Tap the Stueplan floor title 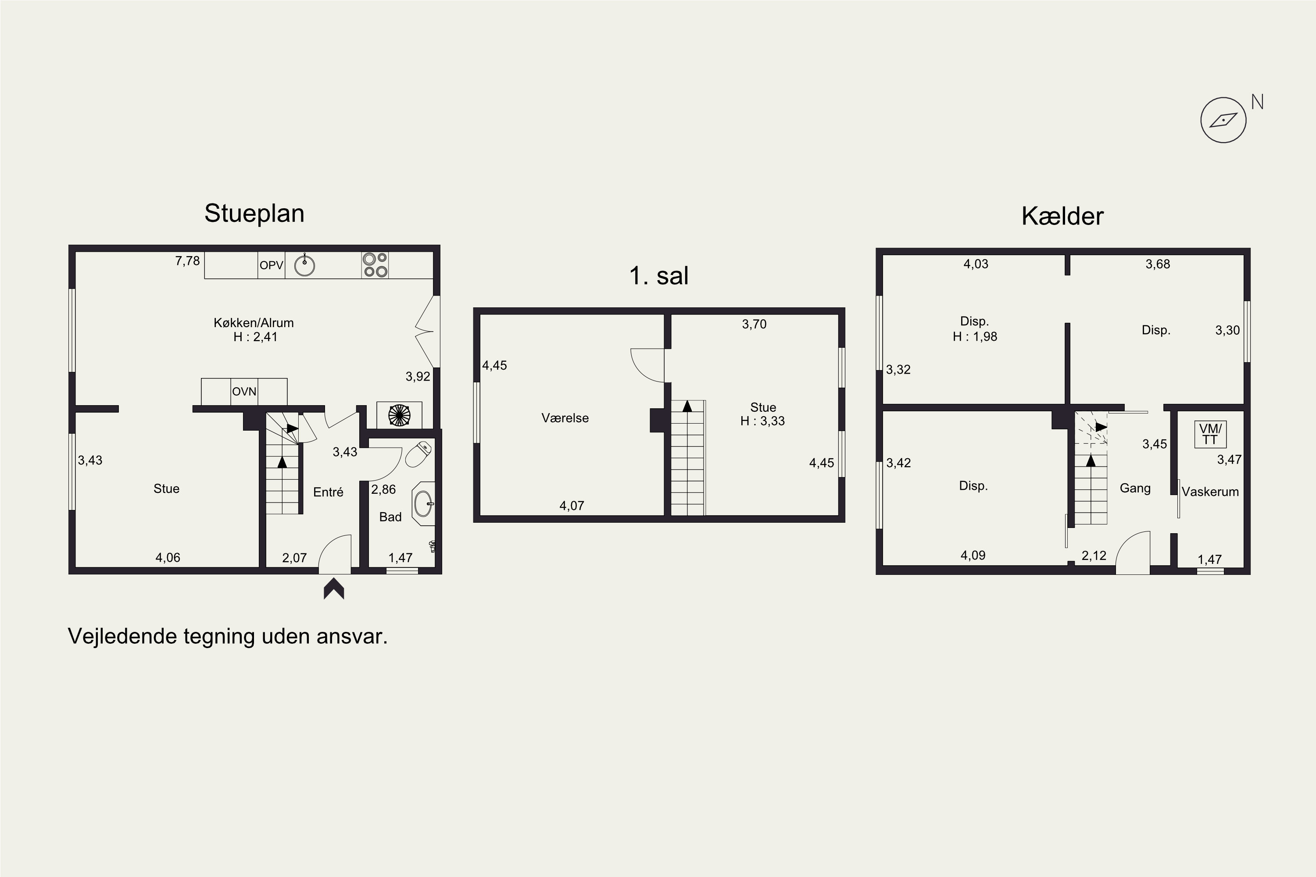pyautogui.click(x=254, y=213)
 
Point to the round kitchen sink pyautogui.click(x=304, y=265)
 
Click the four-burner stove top pyautogui.click(x=375, y=265)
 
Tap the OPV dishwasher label pyautogui.click(x=272, y=265)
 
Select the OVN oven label pyautogui.click(x=244, y=392)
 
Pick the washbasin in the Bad pyautogui.click(x=424, y=503)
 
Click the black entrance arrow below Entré pyautogui.click(x=334, y=589)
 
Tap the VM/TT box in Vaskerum pyautogui.click(x=1210, y=434)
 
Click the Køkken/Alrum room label pyautogui.click(x=254, y=323)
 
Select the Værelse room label pyautogui.click(x=565, y=418)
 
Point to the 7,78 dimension pyautogui.click(x=187, y=260)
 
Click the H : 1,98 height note pyautogui.click(x=975, y=337)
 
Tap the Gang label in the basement pyautogui.click(x=1135, y=488)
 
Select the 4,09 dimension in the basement pyautogui.click(x=973, y=556)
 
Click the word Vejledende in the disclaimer pyautogui.click(x=122, y=637)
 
